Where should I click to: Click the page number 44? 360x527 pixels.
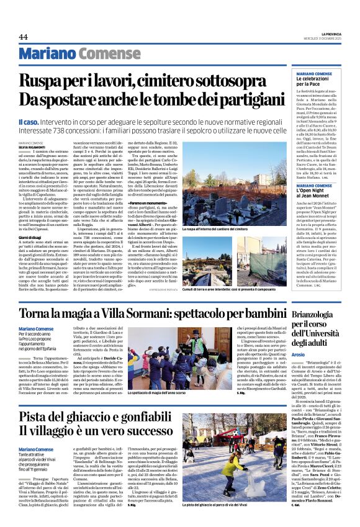tap(23, 37)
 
